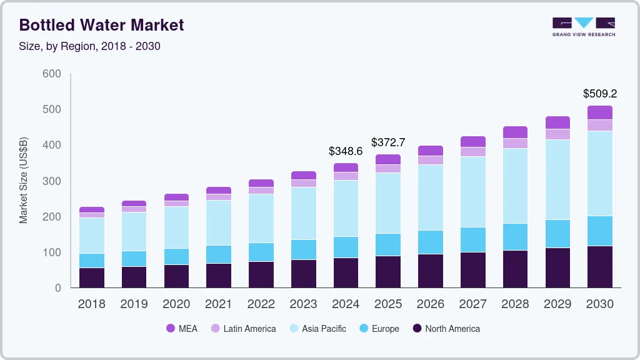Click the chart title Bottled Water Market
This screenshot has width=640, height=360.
[102, 25]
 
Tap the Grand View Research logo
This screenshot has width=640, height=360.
[583, 26]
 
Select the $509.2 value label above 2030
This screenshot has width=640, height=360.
[599, 94]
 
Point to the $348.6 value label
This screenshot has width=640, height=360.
[346, 151]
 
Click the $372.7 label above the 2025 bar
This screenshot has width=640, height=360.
[388, 142]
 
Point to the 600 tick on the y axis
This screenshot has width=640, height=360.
[51, 74]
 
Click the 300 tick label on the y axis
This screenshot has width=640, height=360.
[51, 181]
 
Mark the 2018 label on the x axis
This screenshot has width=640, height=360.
[92, 304]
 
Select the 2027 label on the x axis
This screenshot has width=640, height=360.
[472, 304]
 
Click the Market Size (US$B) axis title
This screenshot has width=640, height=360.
[24, 181]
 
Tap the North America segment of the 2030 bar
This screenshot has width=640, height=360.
[599, 267]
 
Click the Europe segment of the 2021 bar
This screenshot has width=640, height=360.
[219, 254]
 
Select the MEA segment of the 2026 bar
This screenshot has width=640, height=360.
[430, 151]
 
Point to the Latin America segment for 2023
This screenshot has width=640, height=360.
[303, 183]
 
